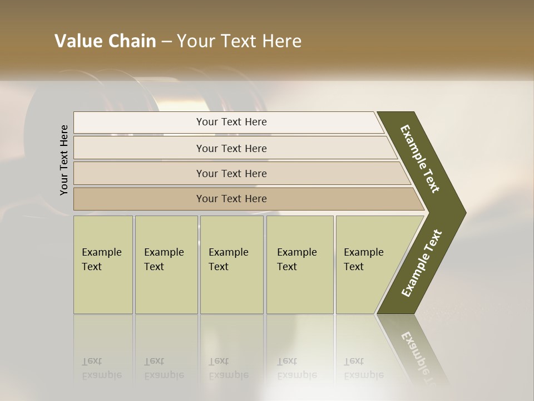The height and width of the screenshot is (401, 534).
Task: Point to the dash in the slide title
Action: click(166, 42)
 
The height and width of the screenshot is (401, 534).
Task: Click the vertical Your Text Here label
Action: click(64, 160)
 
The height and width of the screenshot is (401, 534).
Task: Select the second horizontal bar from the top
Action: click(231, 148)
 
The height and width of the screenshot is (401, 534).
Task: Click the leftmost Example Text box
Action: click(103, 265)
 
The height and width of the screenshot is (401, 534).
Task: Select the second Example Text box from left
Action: click(166, 265)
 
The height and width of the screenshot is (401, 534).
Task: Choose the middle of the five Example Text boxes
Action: click(231, 265)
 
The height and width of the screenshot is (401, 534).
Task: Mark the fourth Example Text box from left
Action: click(300, 265)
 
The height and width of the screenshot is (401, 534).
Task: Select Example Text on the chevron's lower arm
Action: click(421, 263)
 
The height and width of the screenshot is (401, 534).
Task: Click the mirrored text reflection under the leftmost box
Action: click(102, 368)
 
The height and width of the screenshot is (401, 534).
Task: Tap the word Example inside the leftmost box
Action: click(102, 252)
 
